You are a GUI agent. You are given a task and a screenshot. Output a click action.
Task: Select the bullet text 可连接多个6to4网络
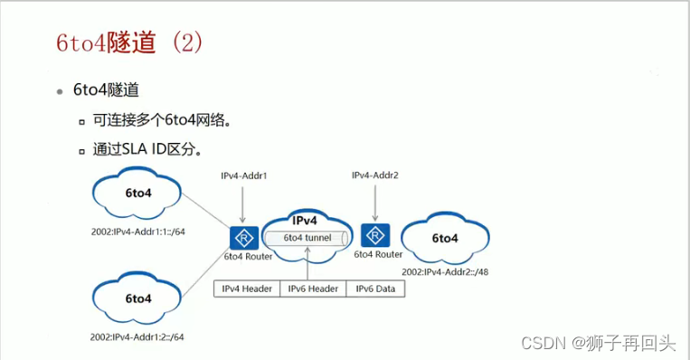pyautogui.click(x=156, y=119)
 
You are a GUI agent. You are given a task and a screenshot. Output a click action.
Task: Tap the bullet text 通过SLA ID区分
pyautogui.click(x=146, y=148)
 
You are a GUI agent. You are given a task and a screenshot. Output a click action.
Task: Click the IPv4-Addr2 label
pyautogui.click(x=374, y=175)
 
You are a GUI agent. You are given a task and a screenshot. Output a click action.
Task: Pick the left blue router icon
pyautogui.click(x=242, y=238)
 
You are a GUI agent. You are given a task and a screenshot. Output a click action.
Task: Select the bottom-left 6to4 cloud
pyautogui.click(x=137, y=298)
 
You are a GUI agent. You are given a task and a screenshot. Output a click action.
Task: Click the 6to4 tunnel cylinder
pyautogui.click(x=307, y=238)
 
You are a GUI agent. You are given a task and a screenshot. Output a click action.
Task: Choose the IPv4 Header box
pyautogui.click(x=246, y=289)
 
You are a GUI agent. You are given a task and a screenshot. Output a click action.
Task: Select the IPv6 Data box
pyautogui.click(x=375, y=289)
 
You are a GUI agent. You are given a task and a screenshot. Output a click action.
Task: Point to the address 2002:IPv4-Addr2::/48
pyautogui.click(x=444, y=271)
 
